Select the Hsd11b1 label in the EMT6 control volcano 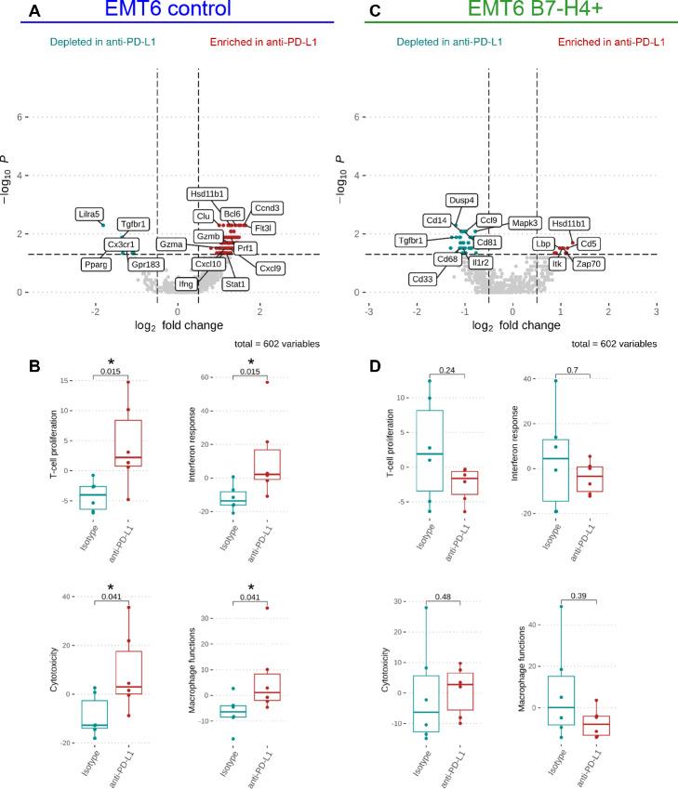pos(208,194)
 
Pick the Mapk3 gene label pos(525,223)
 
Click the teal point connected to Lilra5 pos(103,224)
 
